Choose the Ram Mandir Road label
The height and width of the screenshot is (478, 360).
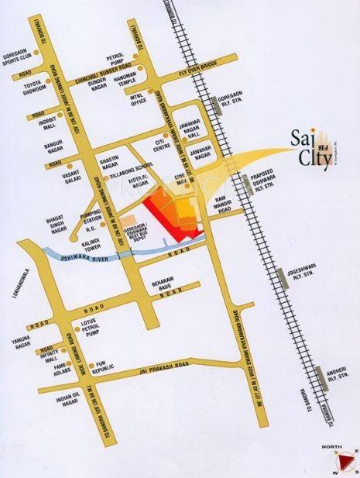pyautogui.click(x=225, y=205)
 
